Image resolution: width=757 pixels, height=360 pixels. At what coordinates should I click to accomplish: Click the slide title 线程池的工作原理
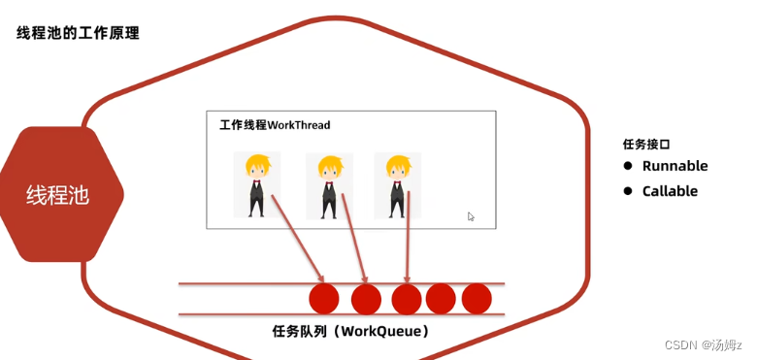[x=78, y=33]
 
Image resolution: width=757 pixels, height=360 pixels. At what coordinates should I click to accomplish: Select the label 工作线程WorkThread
[x=275, y=125]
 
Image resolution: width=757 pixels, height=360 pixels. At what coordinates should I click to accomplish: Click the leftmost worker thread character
[x=256, y=184]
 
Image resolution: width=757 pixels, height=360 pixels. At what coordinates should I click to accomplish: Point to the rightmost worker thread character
[x=397, y=184]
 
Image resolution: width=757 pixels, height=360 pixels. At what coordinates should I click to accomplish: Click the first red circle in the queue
[x=323, y=299]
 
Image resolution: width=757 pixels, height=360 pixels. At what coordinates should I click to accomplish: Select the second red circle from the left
[x=366, y=299]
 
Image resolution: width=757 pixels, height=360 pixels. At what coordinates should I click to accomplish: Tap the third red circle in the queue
[x=407, y=299]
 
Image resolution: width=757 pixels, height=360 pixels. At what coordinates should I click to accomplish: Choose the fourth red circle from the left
[x=441, y=299]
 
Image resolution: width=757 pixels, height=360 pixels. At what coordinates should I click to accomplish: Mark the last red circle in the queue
[x=477, y=299]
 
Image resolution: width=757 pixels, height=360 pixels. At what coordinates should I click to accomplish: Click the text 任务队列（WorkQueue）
[x=350, y=332]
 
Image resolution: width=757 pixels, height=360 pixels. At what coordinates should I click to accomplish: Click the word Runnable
[x=675, y=166]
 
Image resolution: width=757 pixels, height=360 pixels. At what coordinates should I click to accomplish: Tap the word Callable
[x=670, y=191]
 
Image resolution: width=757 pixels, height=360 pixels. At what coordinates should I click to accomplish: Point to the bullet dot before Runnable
[x=628, y=166]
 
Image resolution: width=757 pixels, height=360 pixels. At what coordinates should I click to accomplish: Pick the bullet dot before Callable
[x=628, y=191]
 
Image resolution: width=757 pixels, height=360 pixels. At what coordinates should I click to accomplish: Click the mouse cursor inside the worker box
[x=471, y=216]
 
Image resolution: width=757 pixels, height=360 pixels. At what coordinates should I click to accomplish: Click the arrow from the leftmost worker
[x=296, y=238]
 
